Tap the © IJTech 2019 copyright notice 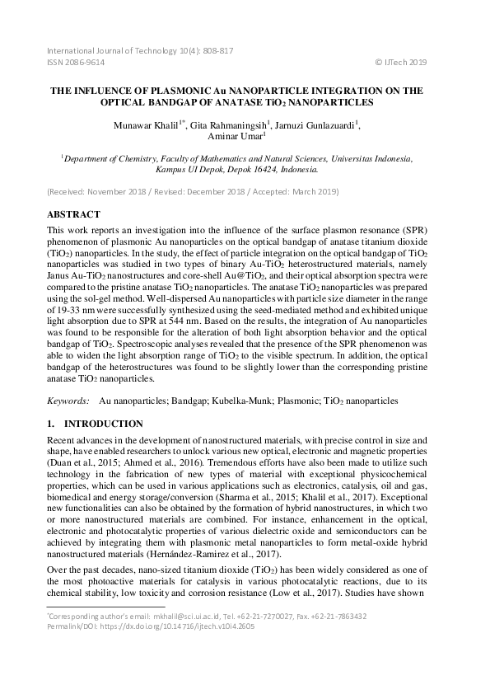click(x=401, y=63)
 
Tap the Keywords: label click(x=68, y=401)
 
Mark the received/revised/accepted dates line click(x=187, y=191)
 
